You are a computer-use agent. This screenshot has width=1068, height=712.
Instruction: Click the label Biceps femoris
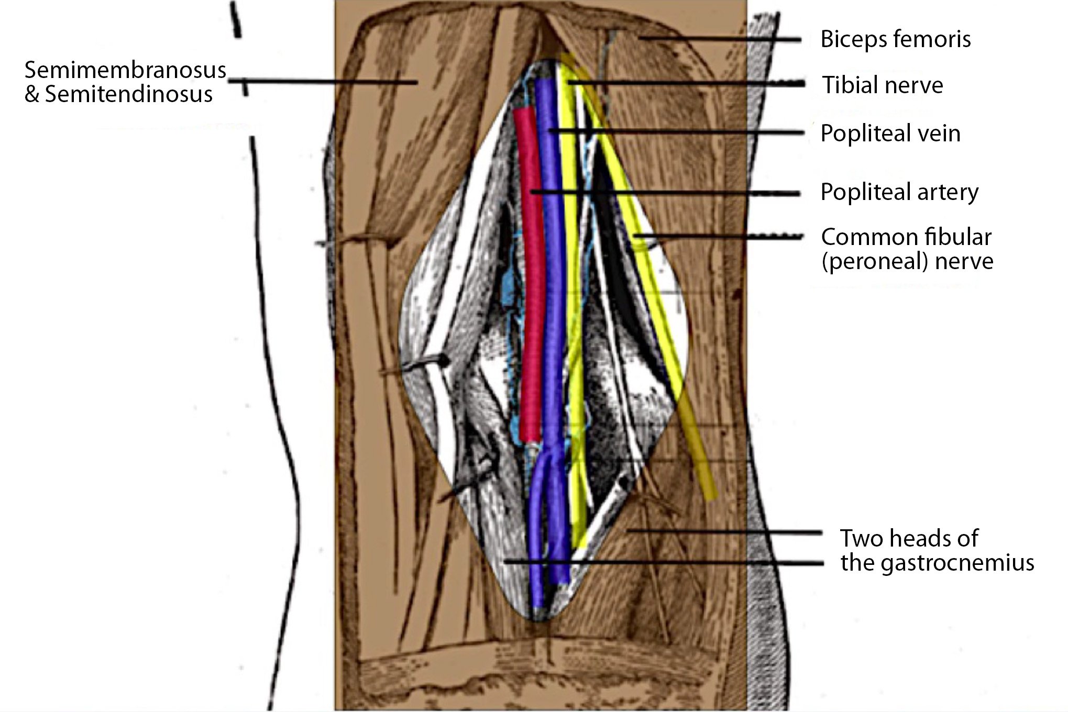[895, 39]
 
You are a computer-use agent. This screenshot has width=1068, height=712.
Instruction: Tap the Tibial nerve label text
[883, 85]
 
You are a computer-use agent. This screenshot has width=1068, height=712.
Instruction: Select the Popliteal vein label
[890, 133]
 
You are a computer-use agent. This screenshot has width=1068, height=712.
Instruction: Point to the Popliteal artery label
[899, 192]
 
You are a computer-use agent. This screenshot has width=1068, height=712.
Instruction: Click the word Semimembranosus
[125, 70]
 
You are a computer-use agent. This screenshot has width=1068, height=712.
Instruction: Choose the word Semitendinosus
[129, 95]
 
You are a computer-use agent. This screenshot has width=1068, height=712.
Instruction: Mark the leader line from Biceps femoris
[723, 39]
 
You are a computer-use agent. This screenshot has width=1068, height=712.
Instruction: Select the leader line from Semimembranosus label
[325, 81]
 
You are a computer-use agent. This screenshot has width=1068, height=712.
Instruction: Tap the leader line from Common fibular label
[723, 237]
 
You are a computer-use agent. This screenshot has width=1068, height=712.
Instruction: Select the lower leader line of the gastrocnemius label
[681, 563]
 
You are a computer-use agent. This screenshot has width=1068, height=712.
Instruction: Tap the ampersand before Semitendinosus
[32, 95]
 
